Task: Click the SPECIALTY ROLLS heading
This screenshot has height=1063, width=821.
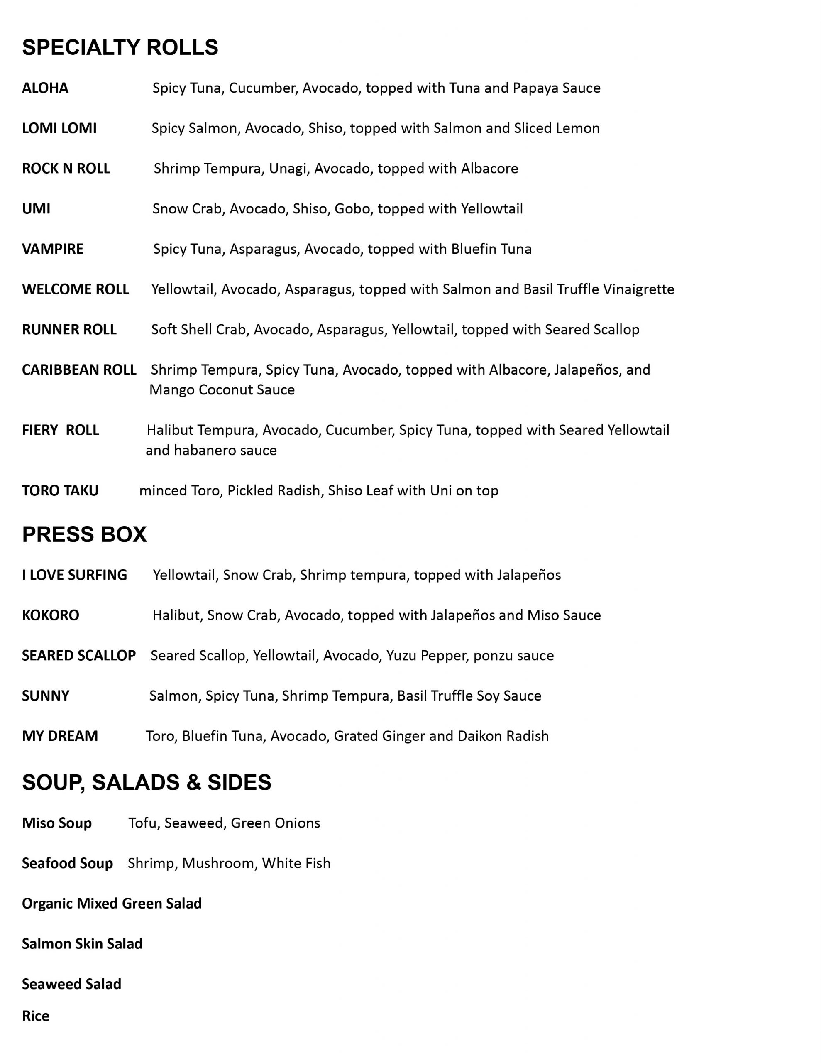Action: [x=120, y=47]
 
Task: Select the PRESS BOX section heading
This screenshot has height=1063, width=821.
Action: [x=84, y=534]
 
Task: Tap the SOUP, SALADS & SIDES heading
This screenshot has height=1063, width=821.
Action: [x=147, y=782]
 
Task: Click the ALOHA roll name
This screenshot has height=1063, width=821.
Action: [x=45, y=88]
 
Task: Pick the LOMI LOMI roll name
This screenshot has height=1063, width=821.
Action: [x=59, y=128]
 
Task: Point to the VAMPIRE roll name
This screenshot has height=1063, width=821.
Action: [x=53, y=249]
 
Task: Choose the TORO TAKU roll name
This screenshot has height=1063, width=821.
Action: [x=60, y=491]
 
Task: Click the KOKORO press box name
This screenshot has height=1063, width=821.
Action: [x=51, y=615]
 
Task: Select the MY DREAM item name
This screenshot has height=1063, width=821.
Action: [x=60, y=736]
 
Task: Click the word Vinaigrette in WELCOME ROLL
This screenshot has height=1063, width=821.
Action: [x=638, y=289]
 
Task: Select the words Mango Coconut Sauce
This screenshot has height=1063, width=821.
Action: [x=222, y=390]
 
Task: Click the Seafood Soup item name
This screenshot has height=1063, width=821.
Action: [x=67, y=863]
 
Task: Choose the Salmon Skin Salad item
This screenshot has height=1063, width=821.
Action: [x=82, y=944]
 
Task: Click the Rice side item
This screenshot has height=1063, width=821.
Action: [x=36, y=1016]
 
